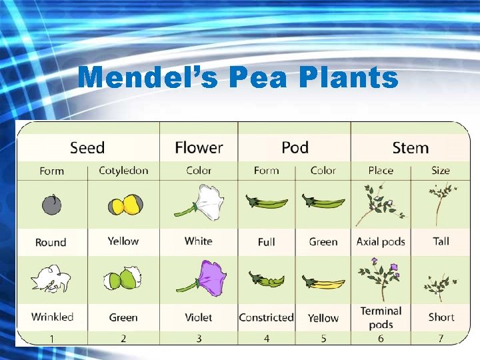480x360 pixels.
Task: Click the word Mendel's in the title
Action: (x=147, y=79)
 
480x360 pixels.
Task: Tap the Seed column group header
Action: (x=87, y=147)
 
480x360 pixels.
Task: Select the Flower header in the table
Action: (x=199, y=147)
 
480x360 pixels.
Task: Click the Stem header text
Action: (x=410, y=147)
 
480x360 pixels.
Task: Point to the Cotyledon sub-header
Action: (x=123, y=171)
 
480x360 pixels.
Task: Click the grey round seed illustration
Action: (x=51, y=205)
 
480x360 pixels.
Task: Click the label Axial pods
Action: (x=381, y=241)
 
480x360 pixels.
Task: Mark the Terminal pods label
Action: (x=381, y=317)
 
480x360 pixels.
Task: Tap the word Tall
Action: (x=441, y=241)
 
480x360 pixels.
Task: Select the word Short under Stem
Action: (x=441, y=317)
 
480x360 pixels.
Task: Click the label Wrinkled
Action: (x=52, y=317)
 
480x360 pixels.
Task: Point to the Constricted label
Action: (x=266, y=317)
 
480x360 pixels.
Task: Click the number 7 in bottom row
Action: (x=441, y=339)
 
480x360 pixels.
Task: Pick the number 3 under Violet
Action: (x=199, y=339)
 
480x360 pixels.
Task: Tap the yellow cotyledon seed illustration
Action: (x=124, y=205)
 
